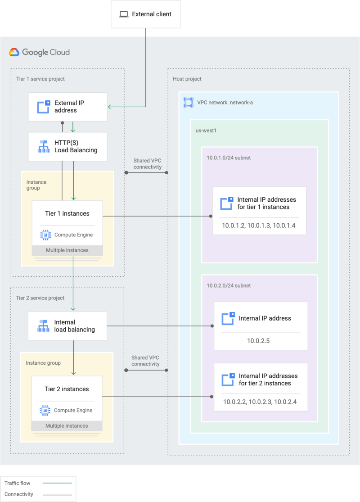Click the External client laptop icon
123,14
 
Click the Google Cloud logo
40,52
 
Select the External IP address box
67,107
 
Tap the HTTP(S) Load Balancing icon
44,146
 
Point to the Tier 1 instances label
67,213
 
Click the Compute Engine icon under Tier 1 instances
45,235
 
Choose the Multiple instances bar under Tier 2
67,425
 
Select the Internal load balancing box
67,326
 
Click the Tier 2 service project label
40,298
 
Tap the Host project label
187,79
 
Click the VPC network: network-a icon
188,103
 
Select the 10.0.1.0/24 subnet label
229,158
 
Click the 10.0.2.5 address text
258,341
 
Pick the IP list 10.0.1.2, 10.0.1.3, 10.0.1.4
258,225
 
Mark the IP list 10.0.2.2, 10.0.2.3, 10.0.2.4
260,402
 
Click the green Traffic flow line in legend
57,483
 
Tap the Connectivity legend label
19,494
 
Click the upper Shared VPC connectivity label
147,164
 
